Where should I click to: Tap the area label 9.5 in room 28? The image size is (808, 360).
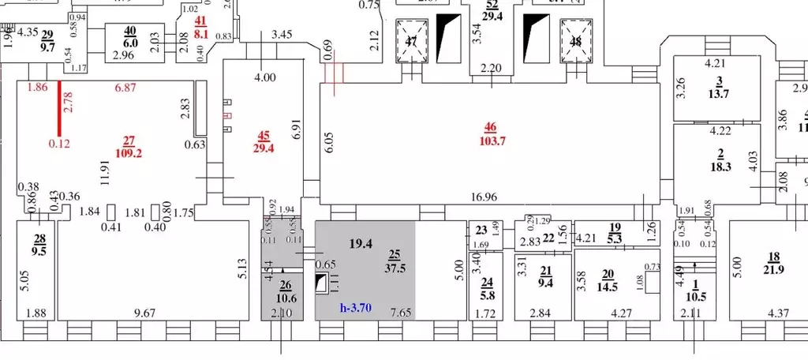tap(38, 253)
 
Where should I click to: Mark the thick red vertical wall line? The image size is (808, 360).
tap(58, 114)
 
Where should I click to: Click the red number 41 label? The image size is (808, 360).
tap(201, 21)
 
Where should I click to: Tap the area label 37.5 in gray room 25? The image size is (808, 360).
tap(395, 266)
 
